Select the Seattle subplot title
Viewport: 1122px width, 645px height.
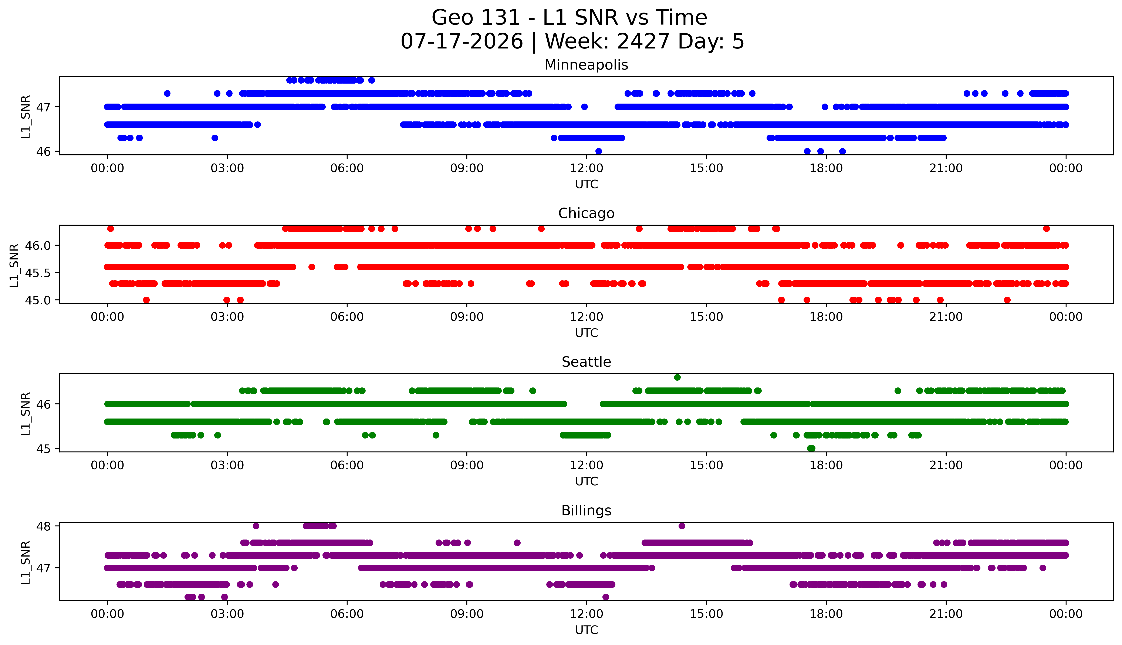tap(586, 362)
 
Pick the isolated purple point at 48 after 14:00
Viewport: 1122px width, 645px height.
tap(682, 526)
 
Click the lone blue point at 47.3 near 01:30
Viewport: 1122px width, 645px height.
tap(167, 94)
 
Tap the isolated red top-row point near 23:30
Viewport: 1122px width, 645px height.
tap(1046, 229)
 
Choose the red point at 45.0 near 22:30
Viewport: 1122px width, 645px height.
tap(1007, 300)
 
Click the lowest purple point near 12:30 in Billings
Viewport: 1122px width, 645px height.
tap(606, 597)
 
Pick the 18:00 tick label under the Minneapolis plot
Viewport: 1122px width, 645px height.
tap(826, 168)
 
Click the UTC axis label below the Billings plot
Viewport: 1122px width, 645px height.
tap(586, 630)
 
